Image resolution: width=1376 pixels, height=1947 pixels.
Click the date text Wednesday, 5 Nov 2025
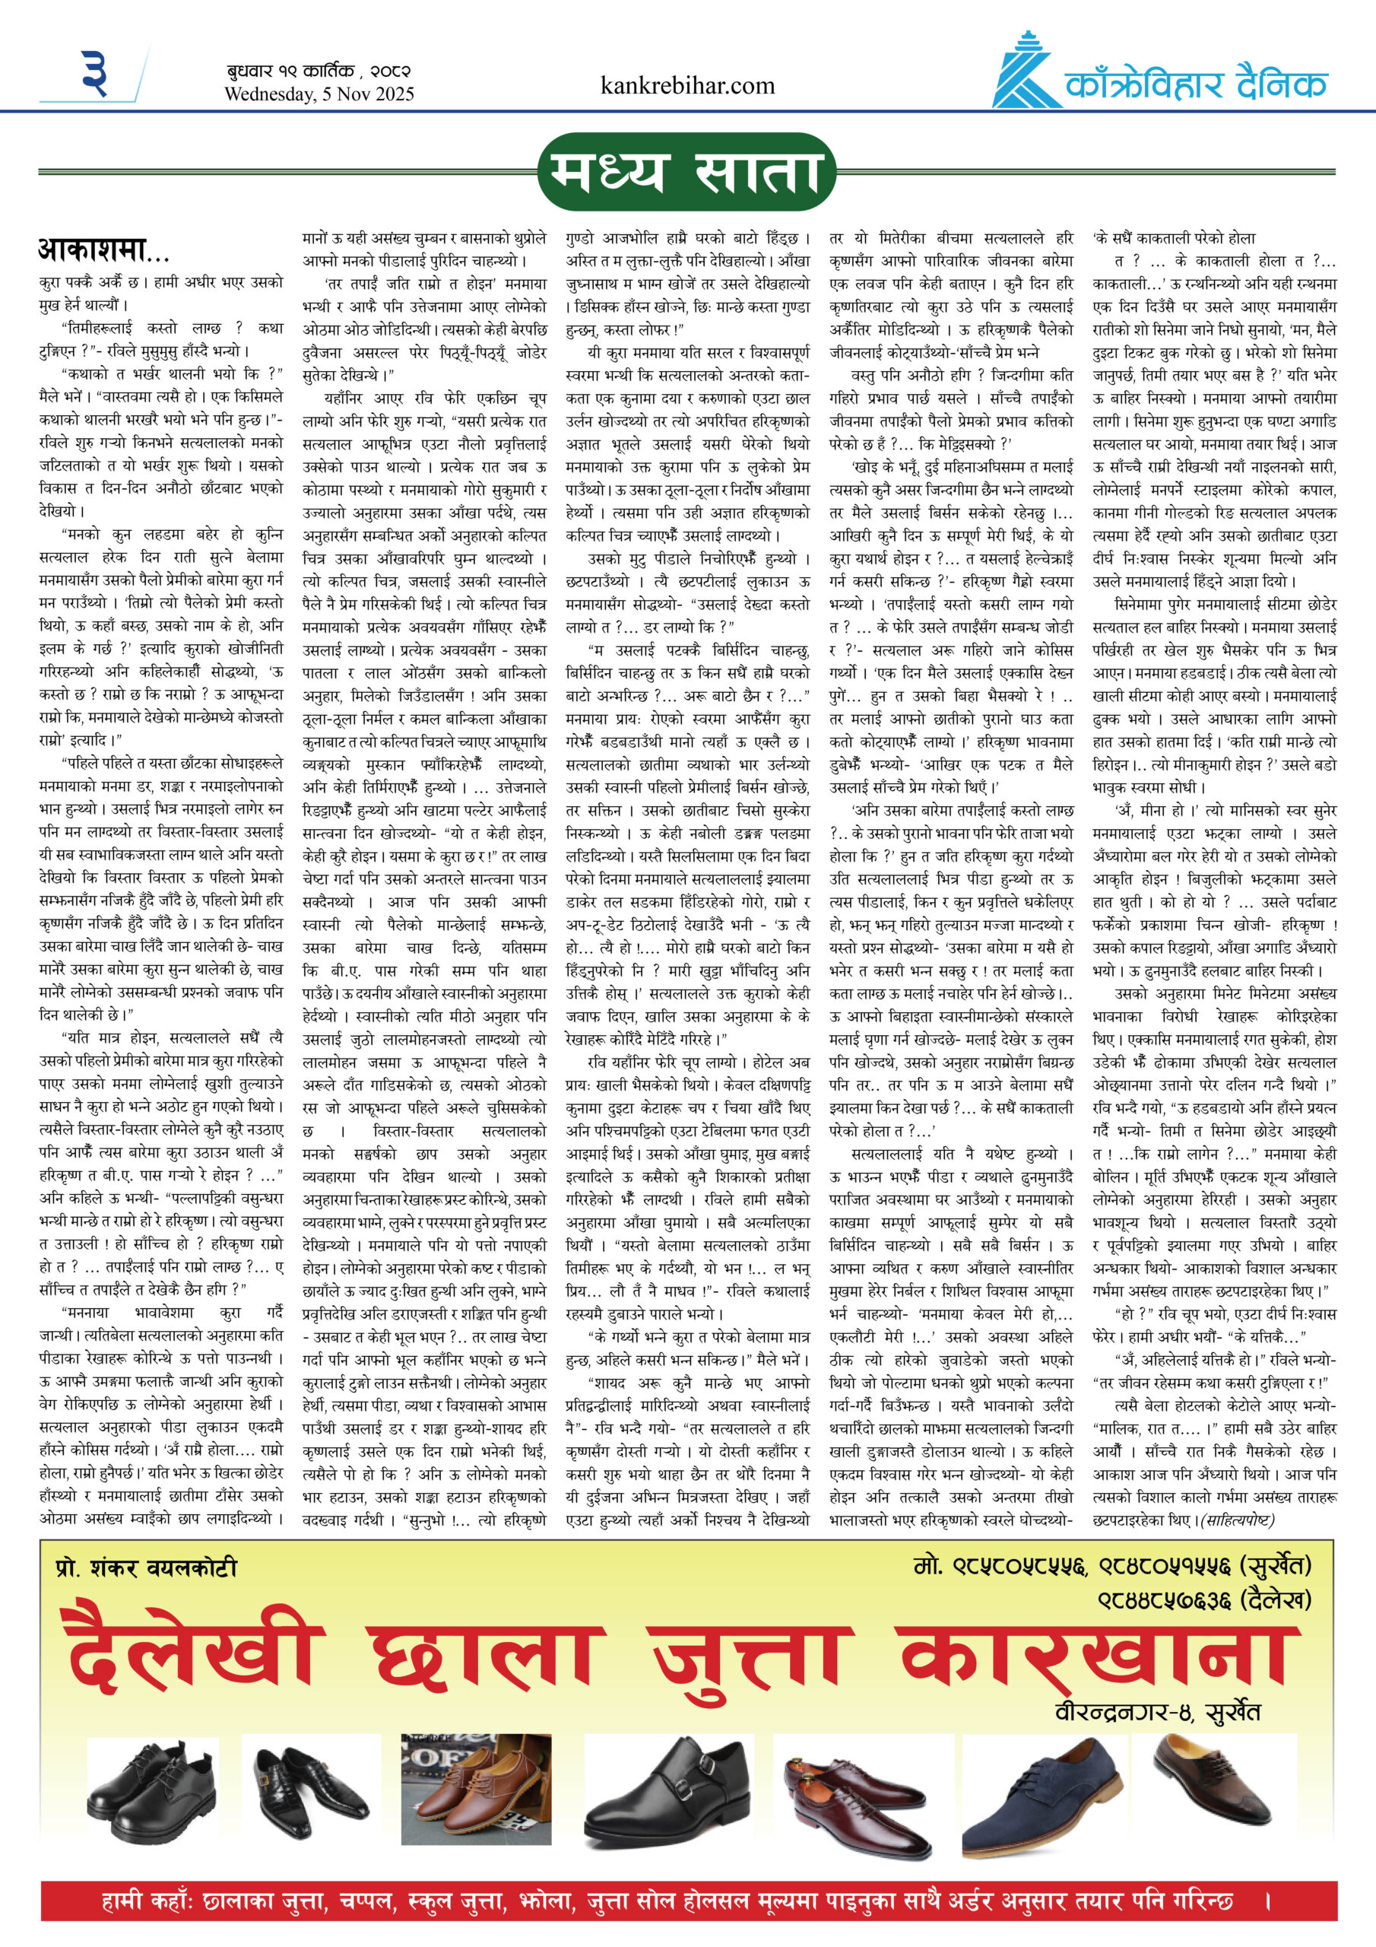coord(319,94)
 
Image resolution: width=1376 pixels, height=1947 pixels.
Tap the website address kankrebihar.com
coord(686,86)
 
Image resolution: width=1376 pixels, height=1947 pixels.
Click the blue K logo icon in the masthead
coord(1027,71)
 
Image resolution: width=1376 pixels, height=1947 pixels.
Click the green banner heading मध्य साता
coord(686,172)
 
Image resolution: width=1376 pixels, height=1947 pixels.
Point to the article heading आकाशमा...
coord(103,250)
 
